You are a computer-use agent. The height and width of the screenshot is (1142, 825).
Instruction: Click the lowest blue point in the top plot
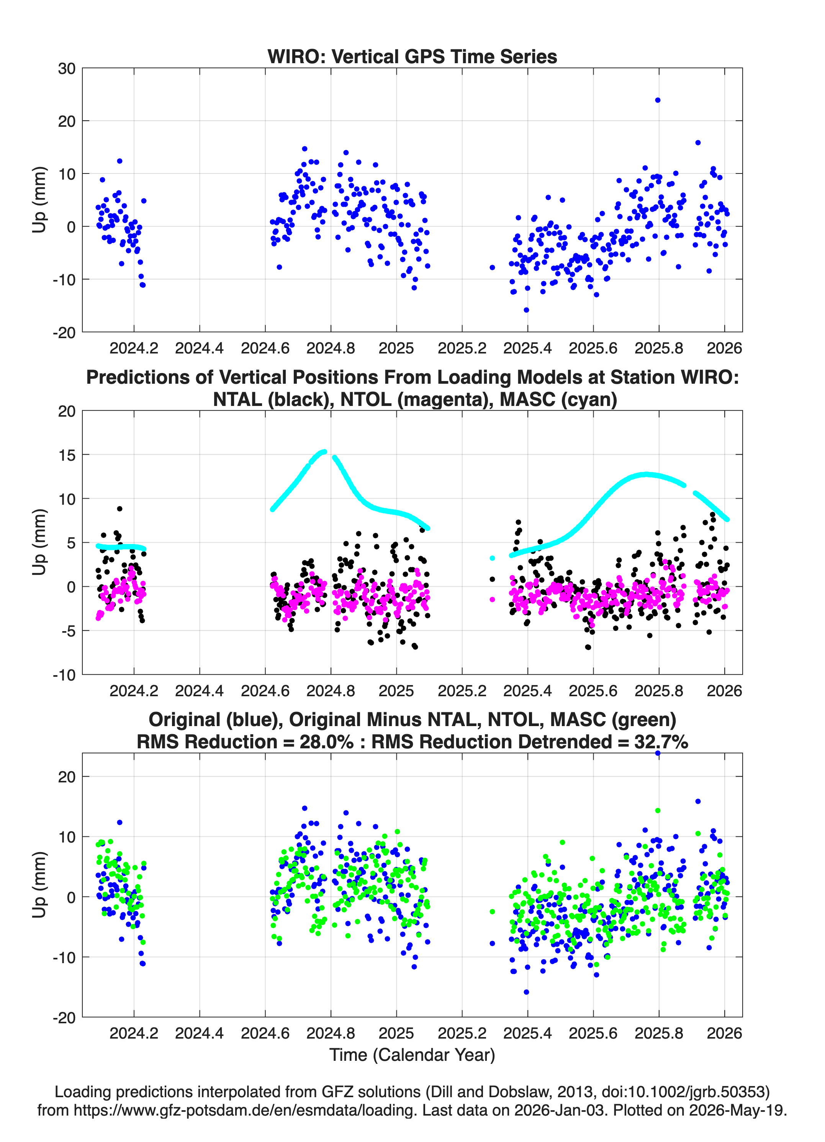coord(526,310)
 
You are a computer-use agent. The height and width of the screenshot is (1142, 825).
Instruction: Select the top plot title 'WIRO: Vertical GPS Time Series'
coord(412,56)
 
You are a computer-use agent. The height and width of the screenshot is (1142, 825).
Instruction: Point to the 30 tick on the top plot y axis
coord(67,69)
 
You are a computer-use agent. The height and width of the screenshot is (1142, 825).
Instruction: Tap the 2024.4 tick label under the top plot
coord(200,348)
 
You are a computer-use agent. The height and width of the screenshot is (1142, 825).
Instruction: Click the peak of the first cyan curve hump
coord(324,452)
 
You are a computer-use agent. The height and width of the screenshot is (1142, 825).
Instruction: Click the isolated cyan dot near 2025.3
coord(492,558)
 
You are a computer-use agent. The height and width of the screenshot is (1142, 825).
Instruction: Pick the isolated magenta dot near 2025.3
coord(492,599)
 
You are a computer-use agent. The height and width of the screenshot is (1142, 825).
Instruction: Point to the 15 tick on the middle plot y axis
coord(67,455)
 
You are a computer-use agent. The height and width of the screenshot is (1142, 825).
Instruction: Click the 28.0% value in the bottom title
coord(326,742)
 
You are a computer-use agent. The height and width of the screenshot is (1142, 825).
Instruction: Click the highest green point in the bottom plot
coord(657,810)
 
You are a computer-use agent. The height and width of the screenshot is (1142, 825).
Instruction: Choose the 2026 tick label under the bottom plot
coord(724,1033)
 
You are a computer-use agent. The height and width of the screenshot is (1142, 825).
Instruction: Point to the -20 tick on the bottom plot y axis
coord(64,1018)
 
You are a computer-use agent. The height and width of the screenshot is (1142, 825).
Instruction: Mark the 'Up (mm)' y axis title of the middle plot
coord(39,542)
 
